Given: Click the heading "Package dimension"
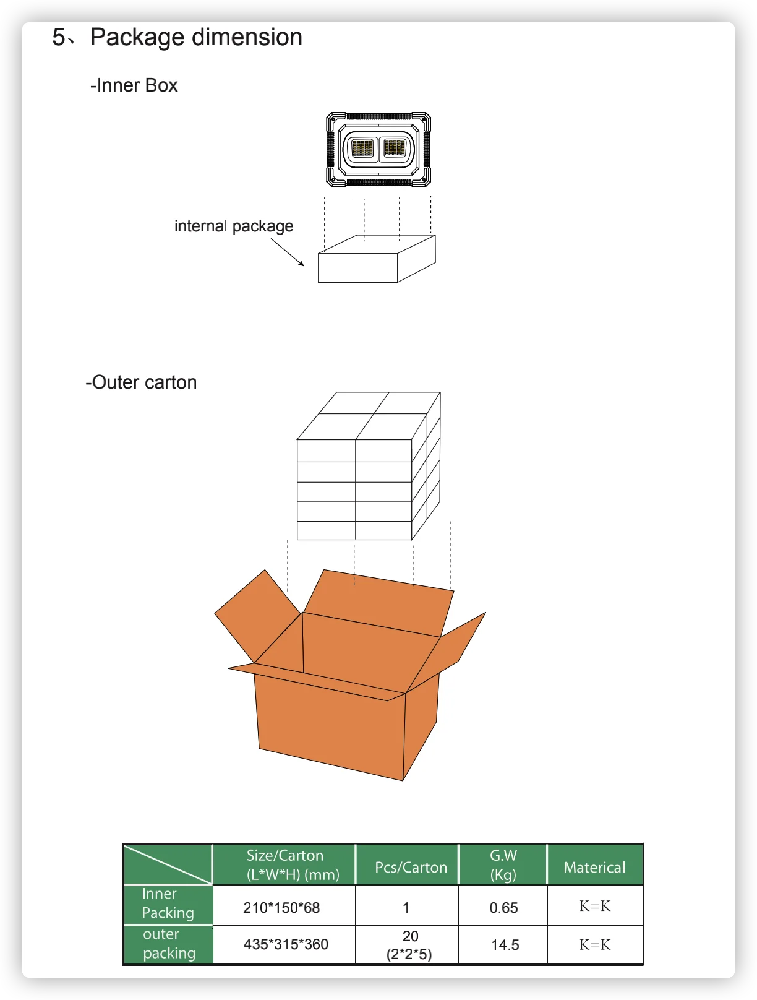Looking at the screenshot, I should (x=195, y=38).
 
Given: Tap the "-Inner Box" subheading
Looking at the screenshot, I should (x=134, y=85).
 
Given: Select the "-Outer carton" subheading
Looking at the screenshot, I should (x=141, y=382).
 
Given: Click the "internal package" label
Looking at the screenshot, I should (x=233, y=226).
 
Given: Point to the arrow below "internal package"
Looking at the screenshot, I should (x=288, y=252).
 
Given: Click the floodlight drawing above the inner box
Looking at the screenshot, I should (x=378, y=149).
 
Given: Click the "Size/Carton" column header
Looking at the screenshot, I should (x=285, y=864).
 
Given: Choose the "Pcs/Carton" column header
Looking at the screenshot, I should (x=411, y=868).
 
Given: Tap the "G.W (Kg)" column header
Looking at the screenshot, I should (x=503, y=864).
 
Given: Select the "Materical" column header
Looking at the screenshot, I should (x=594, y=868).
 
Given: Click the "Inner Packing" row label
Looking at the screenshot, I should (x=167, y=903).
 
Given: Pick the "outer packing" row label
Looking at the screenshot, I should (x=168, y=944).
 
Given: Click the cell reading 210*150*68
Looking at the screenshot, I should (x=281, y=908).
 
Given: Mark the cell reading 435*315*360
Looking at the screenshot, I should (x=286, y=944).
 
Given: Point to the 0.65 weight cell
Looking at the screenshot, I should (x=503, y=908).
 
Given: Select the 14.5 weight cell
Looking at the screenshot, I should (x=505, y=945).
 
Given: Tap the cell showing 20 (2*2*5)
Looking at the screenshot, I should (x=409, y=945).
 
